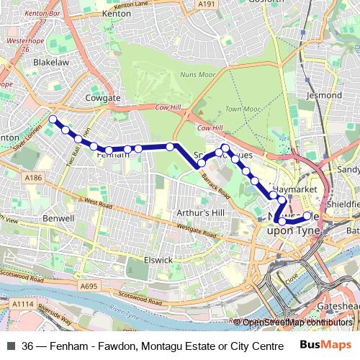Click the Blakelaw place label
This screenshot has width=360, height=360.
coord(50,62)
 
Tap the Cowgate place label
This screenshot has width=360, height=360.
coord(102,97)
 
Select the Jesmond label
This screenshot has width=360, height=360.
coord(324,95)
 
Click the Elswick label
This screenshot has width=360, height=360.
coord(158,259)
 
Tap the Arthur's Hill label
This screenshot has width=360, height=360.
coord(201,213)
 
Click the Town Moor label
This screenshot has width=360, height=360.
coord(242,109)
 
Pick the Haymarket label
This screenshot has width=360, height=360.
coord(294,188)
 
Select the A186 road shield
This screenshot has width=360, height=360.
coord(33,178)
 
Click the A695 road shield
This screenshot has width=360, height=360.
coord(89,287)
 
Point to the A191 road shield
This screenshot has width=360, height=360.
coord(207,4)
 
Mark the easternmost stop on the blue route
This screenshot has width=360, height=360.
coord(307,215)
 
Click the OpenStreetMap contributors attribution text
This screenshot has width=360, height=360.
coord(297,323)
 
